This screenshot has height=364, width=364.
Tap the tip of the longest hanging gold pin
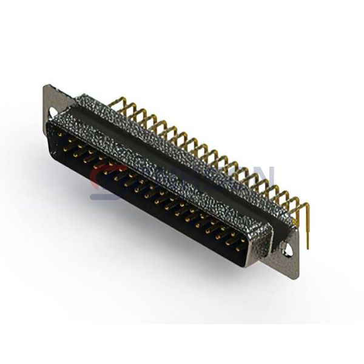[308, 247]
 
